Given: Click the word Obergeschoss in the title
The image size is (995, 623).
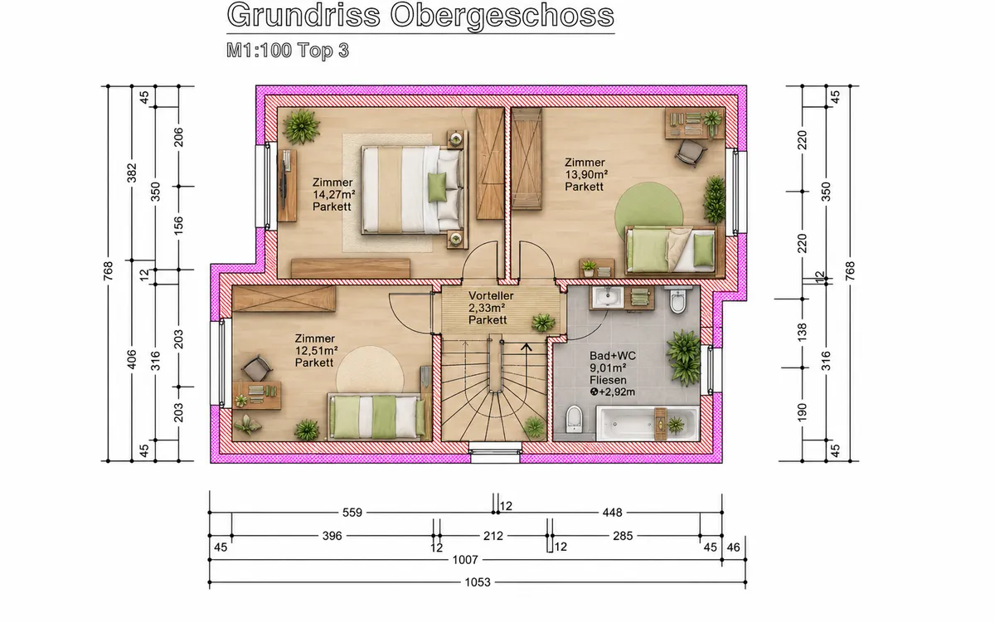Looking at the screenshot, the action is click(502, 16).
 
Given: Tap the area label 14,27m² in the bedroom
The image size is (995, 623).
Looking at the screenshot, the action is click(333, 195).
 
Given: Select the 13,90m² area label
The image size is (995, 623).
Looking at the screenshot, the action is click(586, 175).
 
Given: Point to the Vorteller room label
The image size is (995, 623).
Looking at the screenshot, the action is click(491, 295).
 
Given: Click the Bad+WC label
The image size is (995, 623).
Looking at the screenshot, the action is click(613, 356).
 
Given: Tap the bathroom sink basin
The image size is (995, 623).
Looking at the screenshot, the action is click(607, 297).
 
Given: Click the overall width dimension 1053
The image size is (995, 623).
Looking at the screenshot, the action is click(478, 582).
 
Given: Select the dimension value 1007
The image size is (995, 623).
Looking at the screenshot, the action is click(465, 559).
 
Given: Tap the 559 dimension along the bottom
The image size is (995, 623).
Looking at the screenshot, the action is click(352, 513).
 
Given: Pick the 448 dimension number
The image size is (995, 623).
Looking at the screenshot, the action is click(612, 513).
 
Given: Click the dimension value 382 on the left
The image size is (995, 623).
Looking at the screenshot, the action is click(132, 173).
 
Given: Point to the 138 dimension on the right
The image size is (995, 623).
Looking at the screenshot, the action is click(802, 333).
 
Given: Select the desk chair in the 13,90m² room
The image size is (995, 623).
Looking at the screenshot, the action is click(691, 153).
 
